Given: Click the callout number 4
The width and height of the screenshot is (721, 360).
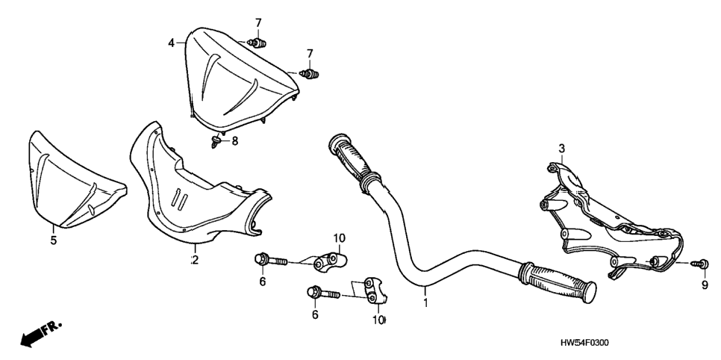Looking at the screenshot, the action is coord(171,43).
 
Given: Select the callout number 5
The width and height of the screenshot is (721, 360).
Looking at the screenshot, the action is coord(53,240).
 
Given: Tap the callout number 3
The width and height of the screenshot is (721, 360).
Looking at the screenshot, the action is coord(561,148).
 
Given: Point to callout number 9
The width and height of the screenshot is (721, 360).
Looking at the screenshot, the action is coord(705,285).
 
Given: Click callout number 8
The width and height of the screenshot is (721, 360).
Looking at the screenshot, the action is coord(235,141).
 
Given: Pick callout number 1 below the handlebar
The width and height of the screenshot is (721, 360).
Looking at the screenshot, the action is coord(425,303).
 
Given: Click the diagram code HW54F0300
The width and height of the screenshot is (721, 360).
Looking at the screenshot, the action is coord(584,344).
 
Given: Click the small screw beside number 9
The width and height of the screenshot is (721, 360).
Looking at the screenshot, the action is coord(702,264).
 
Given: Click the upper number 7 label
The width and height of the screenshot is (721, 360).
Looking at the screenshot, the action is coord(258,22).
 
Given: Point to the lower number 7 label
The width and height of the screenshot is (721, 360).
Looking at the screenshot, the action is coord(310,53).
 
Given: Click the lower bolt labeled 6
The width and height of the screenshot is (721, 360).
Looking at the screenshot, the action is coord(323,293).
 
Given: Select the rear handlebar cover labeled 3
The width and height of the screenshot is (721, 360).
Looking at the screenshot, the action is coord(611,221).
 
